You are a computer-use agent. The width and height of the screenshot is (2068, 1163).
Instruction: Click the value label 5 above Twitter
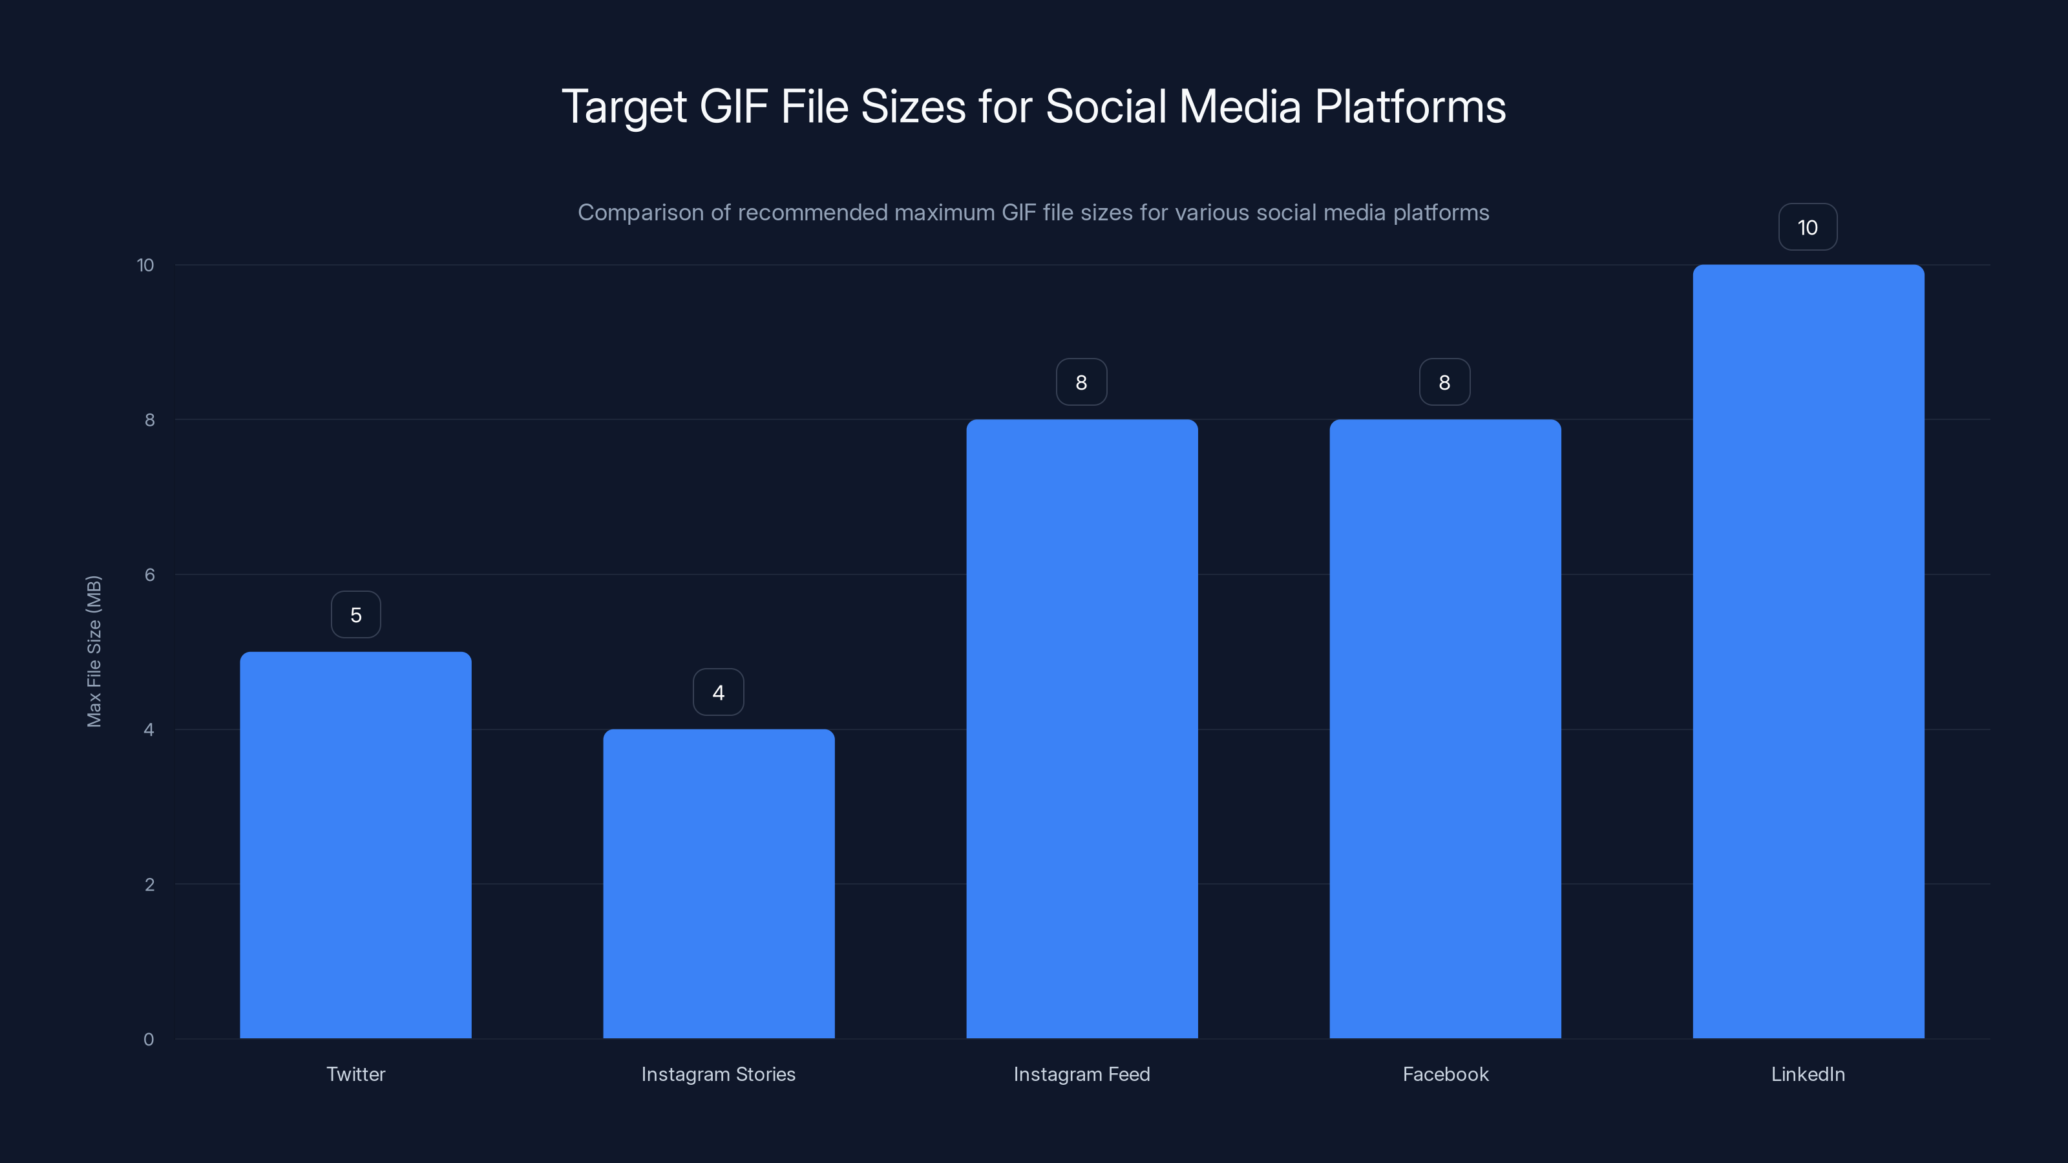click(355, 615)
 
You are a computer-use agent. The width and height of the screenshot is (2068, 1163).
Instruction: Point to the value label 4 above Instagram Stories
click(719, 692)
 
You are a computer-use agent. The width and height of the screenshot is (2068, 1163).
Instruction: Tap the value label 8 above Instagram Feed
click(1081, 382)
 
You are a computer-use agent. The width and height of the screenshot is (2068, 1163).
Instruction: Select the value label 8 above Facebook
click(1445, 382)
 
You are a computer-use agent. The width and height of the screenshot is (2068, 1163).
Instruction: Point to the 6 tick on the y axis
click(149, 574)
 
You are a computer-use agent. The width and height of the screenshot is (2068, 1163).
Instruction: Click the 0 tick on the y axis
click(149, 1040)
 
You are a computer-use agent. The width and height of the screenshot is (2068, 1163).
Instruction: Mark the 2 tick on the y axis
click(149, 885)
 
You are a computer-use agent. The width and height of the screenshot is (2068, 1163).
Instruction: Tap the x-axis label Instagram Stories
click(719, 1074)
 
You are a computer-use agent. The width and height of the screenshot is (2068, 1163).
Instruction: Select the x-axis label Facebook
click(1445, 1074)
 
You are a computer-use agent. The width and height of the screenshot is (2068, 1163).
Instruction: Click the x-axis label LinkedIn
click(1808, 1074)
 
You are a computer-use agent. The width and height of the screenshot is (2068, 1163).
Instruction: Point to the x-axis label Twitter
click(355, 1074)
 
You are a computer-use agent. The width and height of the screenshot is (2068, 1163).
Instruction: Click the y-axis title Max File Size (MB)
click(94, 651)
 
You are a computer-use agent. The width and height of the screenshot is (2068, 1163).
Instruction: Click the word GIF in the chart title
click(733, 107)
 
